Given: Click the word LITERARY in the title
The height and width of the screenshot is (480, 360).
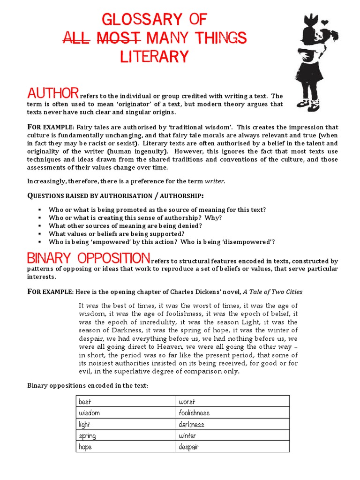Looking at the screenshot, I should [154, 56].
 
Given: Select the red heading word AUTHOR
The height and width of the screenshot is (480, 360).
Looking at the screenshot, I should [52, 92].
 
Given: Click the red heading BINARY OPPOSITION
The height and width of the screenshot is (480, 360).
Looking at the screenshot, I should [89, 258].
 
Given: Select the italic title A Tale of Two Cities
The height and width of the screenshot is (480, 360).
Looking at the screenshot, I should [272, 292].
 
